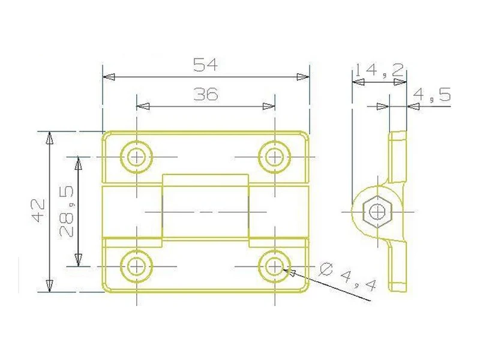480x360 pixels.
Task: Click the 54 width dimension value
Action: pyautogui.click(x=205, y=65)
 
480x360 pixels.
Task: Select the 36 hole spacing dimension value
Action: pyautogui.click(x=205, y=94)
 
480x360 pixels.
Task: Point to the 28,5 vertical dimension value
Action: pyautogui.click(x=67, y=211)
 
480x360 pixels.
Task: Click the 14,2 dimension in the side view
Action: pyautogui.click(x=378, y=70)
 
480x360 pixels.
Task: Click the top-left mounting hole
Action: pyautogui.click(x=137, y=157)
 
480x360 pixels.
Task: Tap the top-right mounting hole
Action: pyautogui.click(x=274, y=157)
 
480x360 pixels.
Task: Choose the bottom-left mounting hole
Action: pyautogui.click(x=137, y=265)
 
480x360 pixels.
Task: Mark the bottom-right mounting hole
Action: pyautogui.click(x=274, y=265)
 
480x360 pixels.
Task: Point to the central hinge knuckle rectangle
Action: pyautogui.click(x=205, y=211)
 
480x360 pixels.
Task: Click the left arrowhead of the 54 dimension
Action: pyautogui.click(x=108, y=77)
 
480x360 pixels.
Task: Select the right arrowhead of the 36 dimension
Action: pyautogui.click(x=269, y=106)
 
